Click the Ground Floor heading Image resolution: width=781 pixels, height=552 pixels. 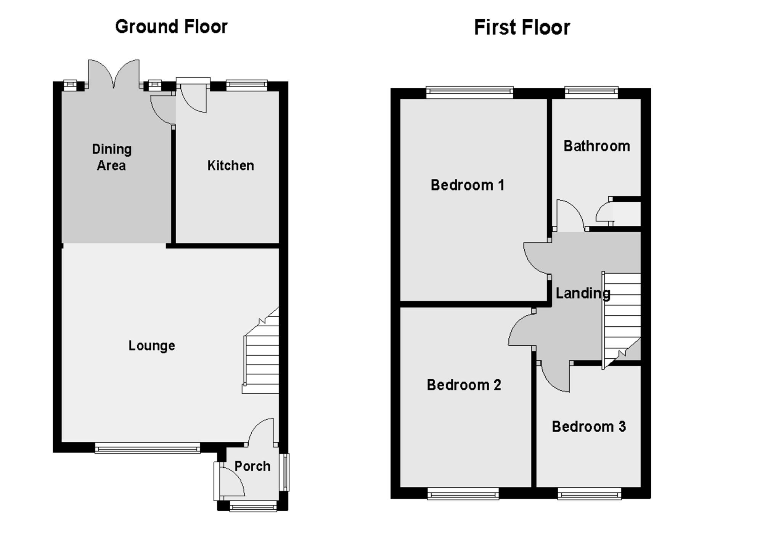coord(171,27)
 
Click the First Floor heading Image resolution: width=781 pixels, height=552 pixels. coord(522,28)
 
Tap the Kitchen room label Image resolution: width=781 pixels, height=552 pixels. coord(230,165)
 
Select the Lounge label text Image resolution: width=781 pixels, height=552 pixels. coord(151,346)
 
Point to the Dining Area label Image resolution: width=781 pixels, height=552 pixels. coord(111,157)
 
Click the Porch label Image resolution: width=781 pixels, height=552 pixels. coord(252,466)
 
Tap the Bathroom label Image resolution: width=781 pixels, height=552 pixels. coord(596,146)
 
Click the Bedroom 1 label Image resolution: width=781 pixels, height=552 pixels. coord(467,185)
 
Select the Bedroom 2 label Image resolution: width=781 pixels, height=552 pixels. coord(463,385)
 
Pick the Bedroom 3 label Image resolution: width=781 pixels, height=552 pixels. coord(588,427)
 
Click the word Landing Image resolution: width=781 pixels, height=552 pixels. coord(582,293)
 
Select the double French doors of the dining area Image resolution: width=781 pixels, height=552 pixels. coord(114,74)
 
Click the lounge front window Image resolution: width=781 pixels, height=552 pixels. coord(147,448)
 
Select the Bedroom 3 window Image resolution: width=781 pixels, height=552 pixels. coord(589,494)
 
